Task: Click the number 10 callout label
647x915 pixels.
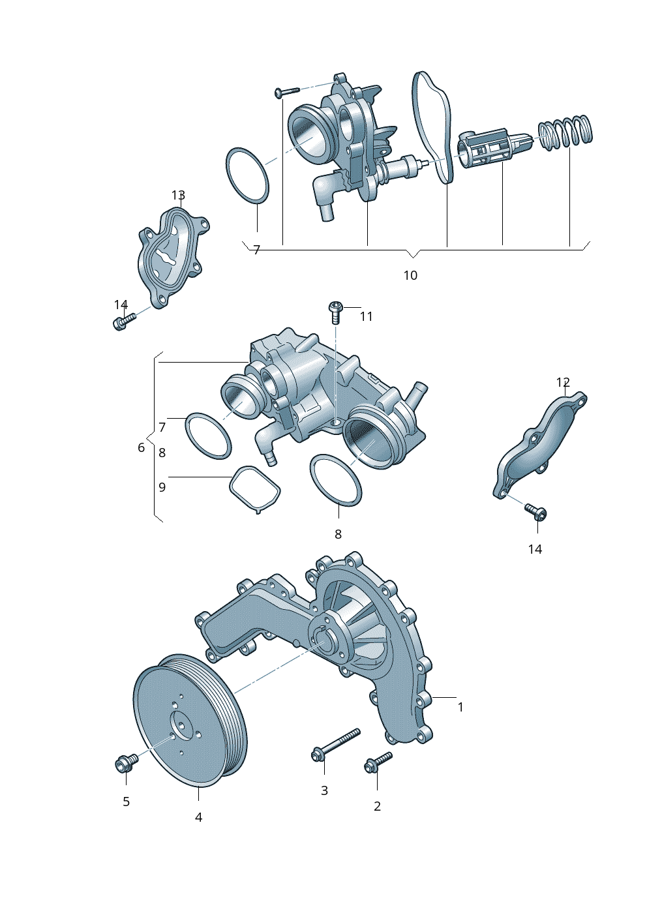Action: tap(410, 275)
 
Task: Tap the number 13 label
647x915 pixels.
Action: tap(178, 195)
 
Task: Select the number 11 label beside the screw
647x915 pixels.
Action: tap(366, 316)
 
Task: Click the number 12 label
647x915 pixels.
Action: tap(563, 382)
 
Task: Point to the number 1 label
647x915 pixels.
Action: tap(460, 707)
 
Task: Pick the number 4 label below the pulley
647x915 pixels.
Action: tap(198, 817)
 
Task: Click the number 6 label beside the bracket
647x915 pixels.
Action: tap(141, 447)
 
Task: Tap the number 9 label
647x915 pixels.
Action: tap(162, 487)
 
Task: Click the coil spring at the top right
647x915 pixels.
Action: tap(566, 132)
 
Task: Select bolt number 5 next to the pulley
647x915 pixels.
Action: tap(126, 762)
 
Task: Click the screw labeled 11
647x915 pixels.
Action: tap(335, 310)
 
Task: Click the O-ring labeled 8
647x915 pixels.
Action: tap(335, 479)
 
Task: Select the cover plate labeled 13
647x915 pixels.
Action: tap(172, 256)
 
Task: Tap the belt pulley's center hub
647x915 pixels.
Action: tap(180, 727)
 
